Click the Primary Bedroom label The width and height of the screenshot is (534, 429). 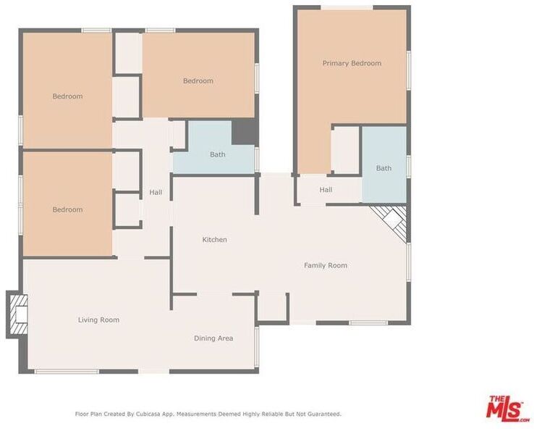[x=352, y=64]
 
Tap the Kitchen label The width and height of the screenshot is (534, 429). [x=215, y=240]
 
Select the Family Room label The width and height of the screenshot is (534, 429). [x=326, y=265]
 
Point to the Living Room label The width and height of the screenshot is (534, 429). [x=98, y=320]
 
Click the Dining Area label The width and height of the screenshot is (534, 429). [x=213, y=338]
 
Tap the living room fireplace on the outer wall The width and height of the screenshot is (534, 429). [x=18, y=314]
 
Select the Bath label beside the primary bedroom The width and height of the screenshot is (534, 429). [x=383, y=168]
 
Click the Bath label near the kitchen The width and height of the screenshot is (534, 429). [x=218, y=154]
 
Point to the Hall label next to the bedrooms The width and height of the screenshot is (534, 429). [x=156, y=192]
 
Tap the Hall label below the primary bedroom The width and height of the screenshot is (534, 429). [x=326, y=190]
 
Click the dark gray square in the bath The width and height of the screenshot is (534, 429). [x=244, y=132]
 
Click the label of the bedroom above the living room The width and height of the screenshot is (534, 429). [x=67, y=209]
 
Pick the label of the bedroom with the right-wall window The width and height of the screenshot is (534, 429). [x=198, y=81]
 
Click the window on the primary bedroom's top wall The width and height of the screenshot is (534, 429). [x=347, y=7]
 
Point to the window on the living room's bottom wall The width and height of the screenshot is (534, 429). [x=67, y=371]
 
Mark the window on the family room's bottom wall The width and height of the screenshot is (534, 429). [x=368, y=322]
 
